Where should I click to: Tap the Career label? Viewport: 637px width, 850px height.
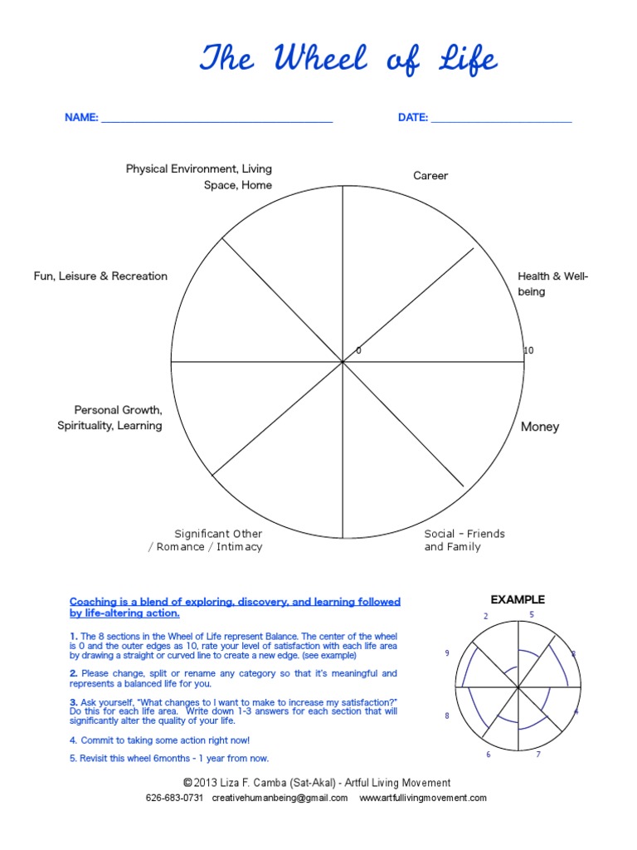(x=430, y=176)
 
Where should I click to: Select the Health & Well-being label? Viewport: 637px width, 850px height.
(x=552, y=284)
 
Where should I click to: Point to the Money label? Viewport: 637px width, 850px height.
(x=540, y=427)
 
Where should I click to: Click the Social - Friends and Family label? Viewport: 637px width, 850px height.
(x=464, y=540)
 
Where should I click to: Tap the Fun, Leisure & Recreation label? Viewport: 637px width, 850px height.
(x=100, y=276)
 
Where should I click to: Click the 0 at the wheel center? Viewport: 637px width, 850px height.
(x=358, y=351)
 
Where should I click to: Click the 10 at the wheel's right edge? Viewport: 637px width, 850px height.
(x=528, y=351)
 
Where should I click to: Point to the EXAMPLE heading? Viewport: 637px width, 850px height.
(x=518, y=599)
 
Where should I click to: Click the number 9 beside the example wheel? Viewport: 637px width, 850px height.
(x=447, y=653)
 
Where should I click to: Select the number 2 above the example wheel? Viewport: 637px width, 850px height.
(x=486, y=616)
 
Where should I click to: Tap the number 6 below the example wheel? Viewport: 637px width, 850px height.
(x=489, y=755)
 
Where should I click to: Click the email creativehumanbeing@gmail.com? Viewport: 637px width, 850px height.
(x=280, y=799)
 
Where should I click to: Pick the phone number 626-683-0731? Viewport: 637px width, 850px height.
(x=174, y=799)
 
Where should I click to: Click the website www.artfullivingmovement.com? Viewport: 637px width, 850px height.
(x=423, y=799)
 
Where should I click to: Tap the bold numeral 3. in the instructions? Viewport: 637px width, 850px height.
(x=74, y=702)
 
